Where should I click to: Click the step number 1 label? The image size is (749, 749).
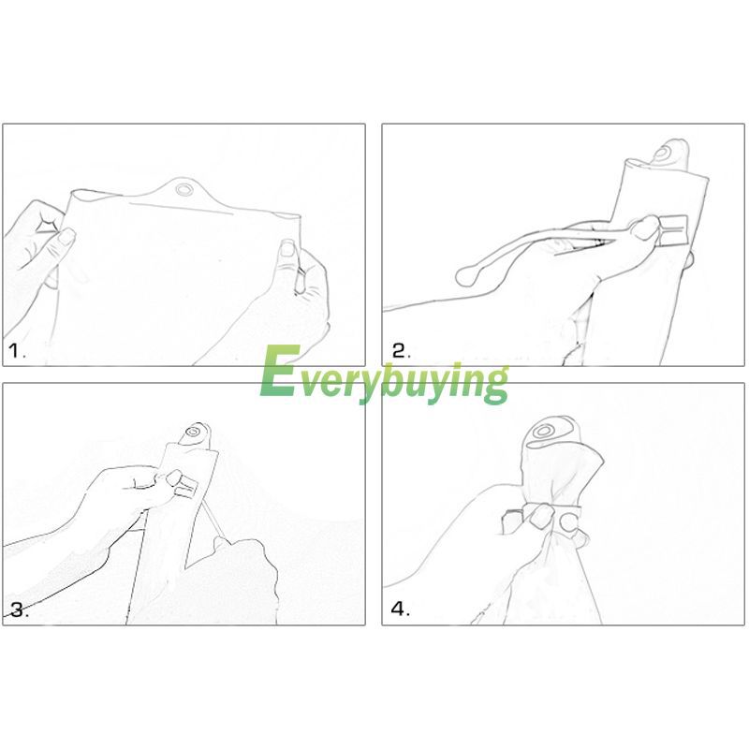coord(17,352)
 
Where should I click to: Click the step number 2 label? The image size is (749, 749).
coord(402,351)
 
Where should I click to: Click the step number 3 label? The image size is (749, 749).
coord(19,610)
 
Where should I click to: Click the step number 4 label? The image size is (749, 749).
coord(401,609)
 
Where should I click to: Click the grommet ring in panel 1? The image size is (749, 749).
coord(183,189)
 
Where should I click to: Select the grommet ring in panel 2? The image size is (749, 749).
coord(663,154)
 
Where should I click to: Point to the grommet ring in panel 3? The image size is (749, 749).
coord(194,433)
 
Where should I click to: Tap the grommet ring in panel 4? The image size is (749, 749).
coord(543,432)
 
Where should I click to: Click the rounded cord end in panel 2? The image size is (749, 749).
coord(466,276)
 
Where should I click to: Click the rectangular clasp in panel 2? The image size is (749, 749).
coord(671,230)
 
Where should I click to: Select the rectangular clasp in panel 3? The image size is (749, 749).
coord(186,486)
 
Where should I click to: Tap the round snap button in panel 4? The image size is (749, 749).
coord(569,522)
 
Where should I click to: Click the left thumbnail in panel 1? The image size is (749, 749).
coord(66,238)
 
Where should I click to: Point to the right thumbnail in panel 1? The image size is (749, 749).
coord(288,249)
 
